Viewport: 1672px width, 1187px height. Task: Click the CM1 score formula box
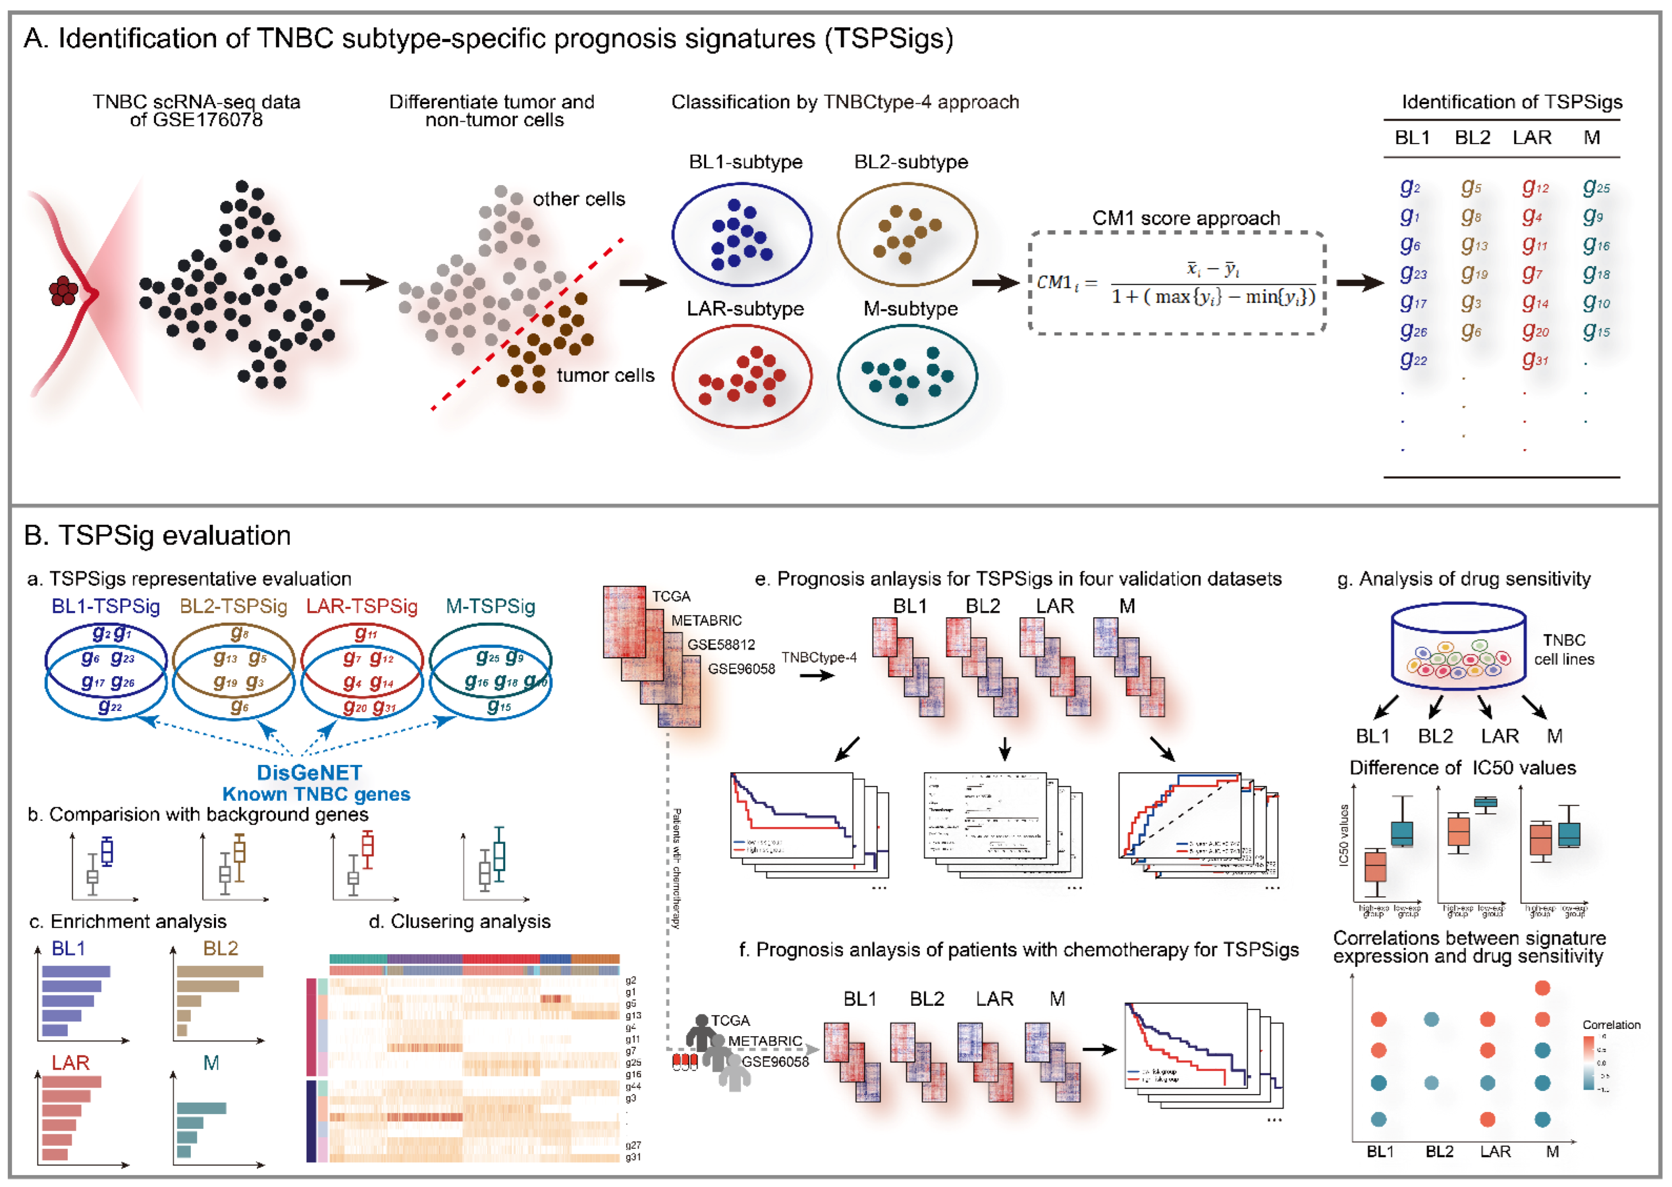(x=1177, y=283)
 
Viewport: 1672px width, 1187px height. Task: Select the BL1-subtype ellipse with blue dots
(x=742, y=234)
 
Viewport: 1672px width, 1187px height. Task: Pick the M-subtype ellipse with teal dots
(x=907, y=376)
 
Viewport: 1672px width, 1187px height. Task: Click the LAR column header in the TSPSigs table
(x=1532, y=137)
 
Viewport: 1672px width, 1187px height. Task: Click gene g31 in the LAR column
(x=1535, y=360)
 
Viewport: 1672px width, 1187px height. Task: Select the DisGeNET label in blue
(x=309, y=772)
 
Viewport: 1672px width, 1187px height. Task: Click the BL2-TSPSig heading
(x=233, y=606)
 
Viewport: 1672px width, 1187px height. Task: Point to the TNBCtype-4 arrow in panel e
(x=817, y=675)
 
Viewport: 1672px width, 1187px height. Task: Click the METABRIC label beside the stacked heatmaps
(x=706, y=621)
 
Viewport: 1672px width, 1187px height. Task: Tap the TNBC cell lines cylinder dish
(x=1458, y=647)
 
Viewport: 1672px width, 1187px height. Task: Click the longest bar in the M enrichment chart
(x=201, y=1108)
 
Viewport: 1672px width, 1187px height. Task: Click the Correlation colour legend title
(x=1611, y=1025)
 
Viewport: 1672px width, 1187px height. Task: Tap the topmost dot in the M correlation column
(x=1542, y=988)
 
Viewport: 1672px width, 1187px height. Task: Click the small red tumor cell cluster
(x=64, y=291)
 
